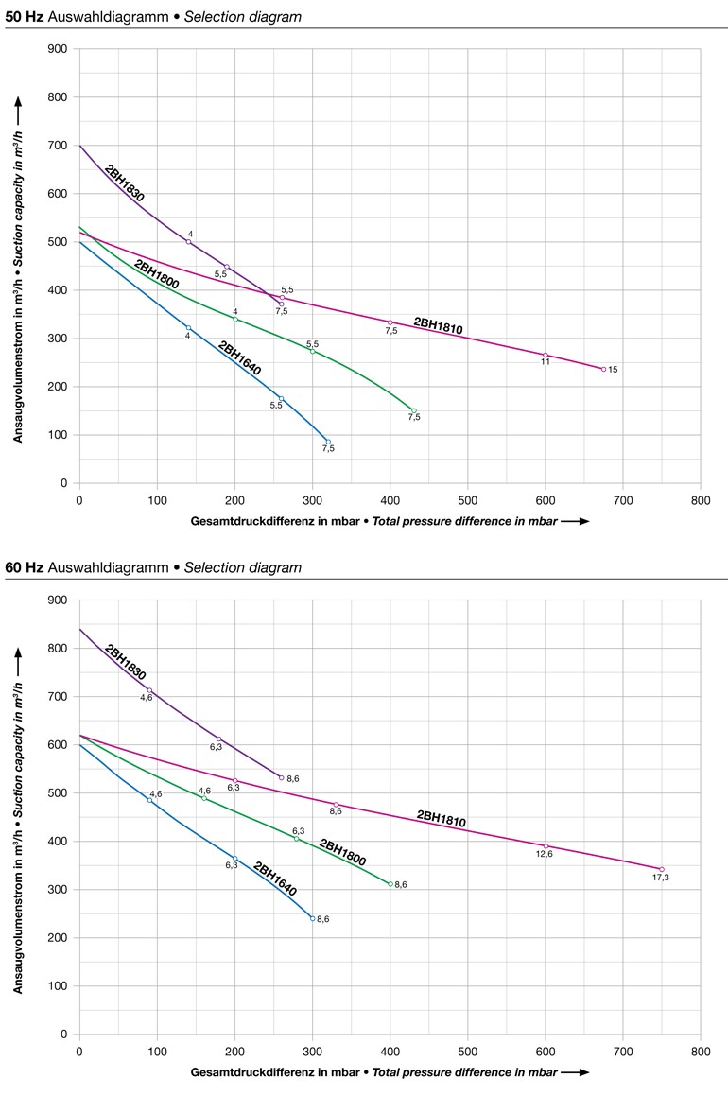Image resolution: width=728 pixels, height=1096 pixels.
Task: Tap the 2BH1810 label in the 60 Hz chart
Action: pos(442,819)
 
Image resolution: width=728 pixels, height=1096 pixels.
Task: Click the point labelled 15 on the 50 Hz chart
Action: pos(603,369)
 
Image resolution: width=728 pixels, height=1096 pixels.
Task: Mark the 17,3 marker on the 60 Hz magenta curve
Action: pos(662,869)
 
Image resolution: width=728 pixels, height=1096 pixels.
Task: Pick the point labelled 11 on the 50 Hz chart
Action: pos(546,355)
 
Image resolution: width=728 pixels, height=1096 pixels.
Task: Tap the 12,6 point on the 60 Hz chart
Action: pos(546,845)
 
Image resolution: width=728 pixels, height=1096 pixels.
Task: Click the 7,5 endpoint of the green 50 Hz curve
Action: pos(413,410)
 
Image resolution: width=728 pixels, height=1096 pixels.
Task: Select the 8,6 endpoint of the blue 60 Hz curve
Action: pos(312,918)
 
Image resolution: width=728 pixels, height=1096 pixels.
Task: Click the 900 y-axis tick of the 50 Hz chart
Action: pos(59,49)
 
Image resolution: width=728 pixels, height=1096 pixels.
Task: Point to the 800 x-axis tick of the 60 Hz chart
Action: pos(700,1051)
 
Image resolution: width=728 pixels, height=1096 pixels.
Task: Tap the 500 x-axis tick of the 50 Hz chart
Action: pos(467,499)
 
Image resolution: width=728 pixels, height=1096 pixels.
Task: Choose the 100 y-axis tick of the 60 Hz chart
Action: pos(59,985)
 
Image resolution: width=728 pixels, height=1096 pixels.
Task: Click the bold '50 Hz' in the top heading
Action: pos(23,16)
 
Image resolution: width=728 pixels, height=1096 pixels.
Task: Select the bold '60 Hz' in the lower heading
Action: pos(23,567)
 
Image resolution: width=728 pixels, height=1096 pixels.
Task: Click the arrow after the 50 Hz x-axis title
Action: pos(575,521)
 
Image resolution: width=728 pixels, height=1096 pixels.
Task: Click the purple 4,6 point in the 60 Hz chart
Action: pos(148,690)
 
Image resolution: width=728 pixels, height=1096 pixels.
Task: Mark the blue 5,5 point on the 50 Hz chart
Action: pos(281,398)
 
